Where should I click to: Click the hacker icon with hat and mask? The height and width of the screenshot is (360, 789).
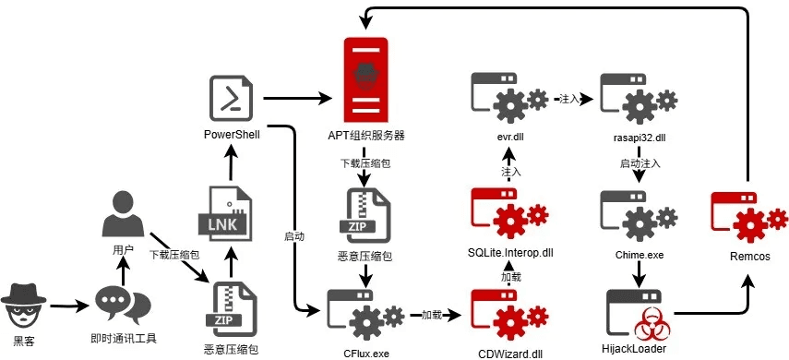click(24, 306)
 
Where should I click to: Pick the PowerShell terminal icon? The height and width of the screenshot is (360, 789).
click(232, 98)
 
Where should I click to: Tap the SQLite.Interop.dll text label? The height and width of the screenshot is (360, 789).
click(510, 253)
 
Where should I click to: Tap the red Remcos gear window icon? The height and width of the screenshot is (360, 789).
click(749, 217)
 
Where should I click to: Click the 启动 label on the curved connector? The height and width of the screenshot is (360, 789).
click(293, 236)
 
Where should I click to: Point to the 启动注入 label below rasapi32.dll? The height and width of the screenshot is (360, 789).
click(640, 163)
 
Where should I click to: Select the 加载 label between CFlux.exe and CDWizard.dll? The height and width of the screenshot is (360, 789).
click(431, 315)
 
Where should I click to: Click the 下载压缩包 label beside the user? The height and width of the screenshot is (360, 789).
click(174, 254)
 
